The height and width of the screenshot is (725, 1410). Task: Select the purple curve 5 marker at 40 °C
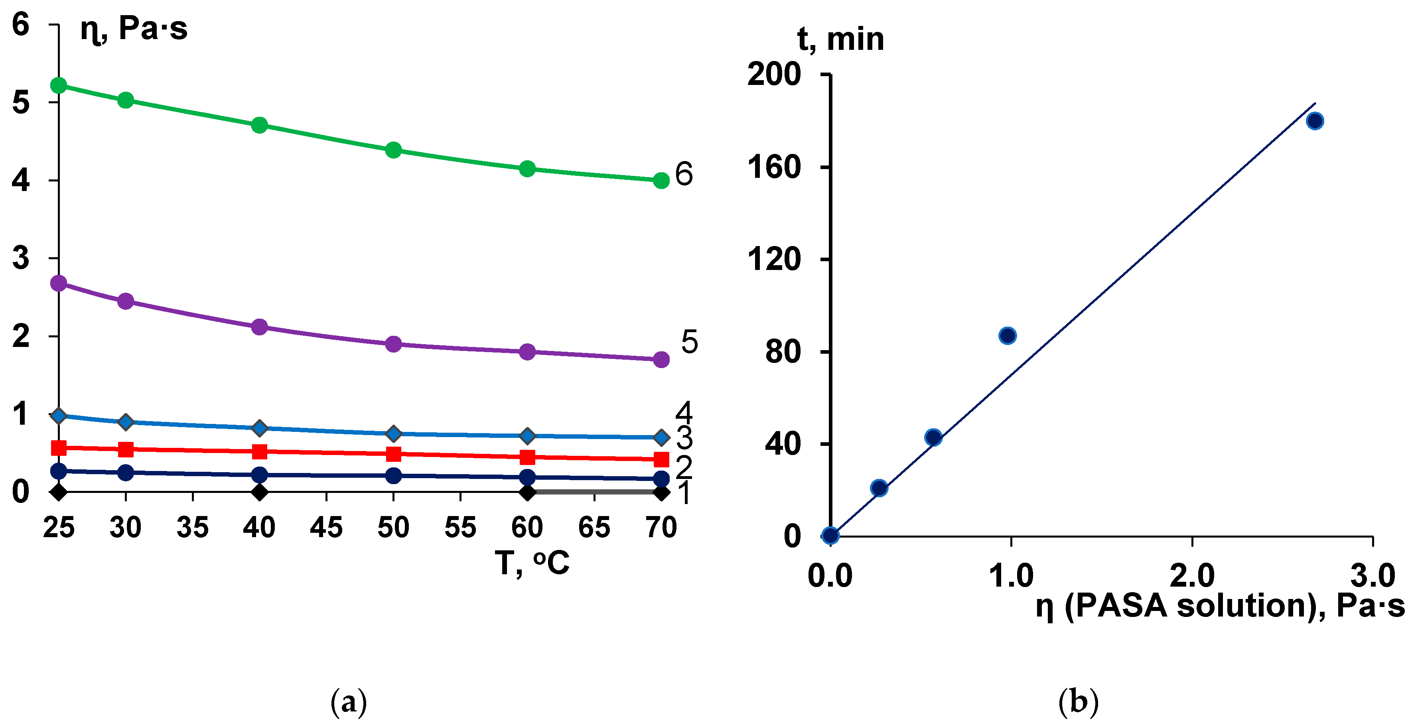click(259, 327)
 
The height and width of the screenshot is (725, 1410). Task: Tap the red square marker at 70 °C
click(661, 459)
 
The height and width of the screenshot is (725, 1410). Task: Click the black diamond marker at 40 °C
click(259, 492)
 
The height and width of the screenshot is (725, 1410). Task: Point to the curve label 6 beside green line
click(684, 174)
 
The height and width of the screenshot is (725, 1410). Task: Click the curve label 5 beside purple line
click(689, 342)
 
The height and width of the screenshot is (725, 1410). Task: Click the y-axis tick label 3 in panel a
click(21, 258)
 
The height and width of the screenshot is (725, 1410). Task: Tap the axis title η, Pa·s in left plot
click(134, 28)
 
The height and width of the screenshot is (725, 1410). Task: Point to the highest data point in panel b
click(1315, 121)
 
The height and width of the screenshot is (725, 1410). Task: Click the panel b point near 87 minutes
click(1008, 335)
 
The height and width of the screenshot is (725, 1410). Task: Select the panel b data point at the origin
click(830, 536)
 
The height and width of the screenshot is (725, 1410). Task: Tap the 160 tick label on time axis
click(774, 167)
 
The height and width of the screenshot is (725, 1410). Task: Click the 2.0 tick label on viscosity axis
click(1191, 575)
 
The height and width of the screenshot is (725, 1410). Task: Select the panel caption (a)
click(349, 702)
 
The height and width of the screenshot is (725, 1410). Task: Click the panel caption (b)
click(1078, 702)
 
